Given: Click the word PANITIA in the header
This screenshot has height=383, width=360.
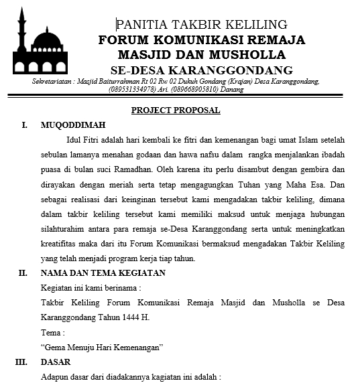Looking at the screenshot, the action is (x=142, y=25).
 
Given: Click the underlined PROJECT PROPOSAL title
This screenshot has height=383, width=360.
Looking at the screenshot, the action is (x=176, y=110).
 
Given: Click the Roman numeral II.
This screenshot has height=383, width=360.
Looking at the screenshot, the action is (x=22, y=273).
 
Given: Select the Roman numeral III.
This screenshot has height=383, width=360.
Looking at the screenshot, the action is (x=22, y=362).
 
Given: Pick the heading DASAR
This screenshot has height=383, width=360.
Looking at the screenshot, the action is (x=56, y=362).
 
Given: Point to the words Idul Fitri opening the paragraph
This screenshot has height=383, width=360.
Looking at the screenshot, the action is (x=83, y=141).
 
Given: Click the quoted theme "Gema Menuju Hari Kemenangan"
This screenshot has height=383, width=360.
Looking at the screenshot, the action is (x=103, y=347).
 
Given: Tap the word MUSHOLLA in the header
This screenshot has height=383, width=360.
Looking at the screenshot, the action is (x=246, y=54).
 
